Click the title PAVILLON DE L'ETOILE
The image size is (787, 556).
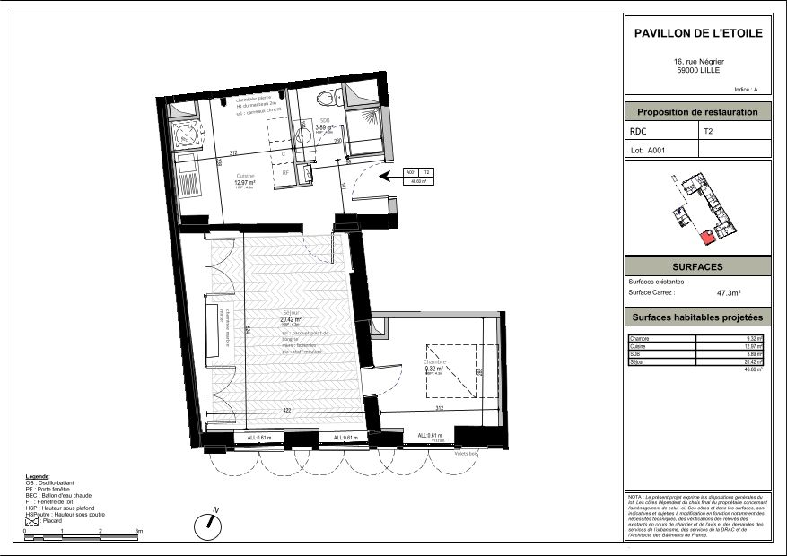pyautogui.click(x=697, y=33)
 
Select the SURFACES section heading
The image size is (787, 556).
pyautogui.click(x=697, y=267)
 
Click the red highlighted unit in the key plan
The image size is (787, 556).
pyautogui.click(x=707, y=237)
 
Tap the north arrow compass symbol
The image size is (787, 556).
pyautogui.click(x=207, y=524)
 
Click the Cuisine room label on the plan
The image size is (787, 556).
pyautogui.click(x=245, y=176)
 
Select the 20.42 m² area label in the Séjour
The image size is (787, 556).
pyautogui.click(x=290, y=319)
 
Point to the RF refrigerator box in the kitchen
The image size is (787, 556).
pyautogui.click(x=285, y=171)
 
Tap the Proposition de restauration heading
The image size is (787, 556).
pyautogui.click(x=697, y=112)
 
